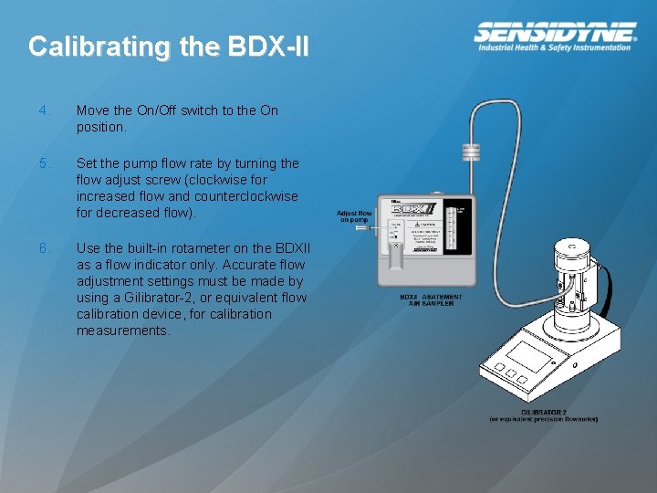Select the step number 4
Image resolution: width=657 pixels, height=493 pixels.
[x=43, y=110]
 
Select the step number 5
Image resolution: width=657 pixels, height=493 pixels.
[x=43, y=163]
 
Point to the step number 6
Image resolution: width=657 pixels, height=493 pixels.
[x=43, y=248]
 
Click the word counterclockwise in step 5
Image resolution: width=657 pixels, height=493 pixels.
[x=246, y=196]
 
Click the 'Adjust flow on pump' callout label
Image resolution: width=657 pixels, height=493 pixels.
[x=354, y=216]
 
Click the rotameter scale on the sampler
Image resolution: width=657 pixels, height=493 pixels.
[x=452, y=227]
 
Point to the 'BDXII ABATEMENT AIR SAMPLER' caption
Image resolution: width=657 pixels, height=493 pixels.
[x=432, y=299]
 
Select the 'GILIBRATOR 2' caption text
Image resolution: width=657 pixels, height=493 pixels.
[x=544, y=414]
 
